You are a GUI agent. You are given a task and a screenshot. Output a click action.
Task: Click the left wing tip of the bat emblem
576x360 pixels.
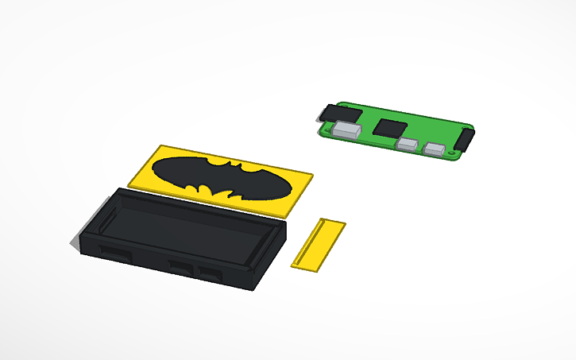(153, 169)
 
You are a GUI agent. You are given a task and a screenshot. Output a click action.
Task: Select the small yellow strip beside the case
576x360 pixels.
(318, 244)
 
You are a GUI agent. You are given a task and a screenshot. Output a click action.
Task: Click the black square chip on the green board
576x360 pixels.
(389, 127)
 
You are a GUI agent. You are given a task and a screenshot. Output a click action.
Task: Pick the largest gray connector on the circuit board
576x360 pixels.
(346, 129)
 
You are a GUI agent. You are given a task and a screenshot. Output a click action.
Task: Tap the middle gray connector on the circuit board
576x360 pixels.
(407, 145)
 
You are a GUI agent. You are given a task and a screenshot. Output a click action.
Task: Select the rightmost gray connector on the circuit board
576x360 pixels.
(435, 149)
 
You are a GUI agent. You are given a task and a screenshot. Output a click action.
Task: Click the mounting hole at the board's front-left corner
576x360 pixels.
(324, 130)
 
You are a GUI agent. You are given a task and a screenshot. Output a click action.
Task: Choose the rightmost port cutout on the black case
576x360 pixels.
(211, 274)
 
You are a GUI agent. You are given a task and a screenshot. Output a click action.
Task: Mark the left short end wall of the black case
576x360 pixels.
(93, 226)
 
